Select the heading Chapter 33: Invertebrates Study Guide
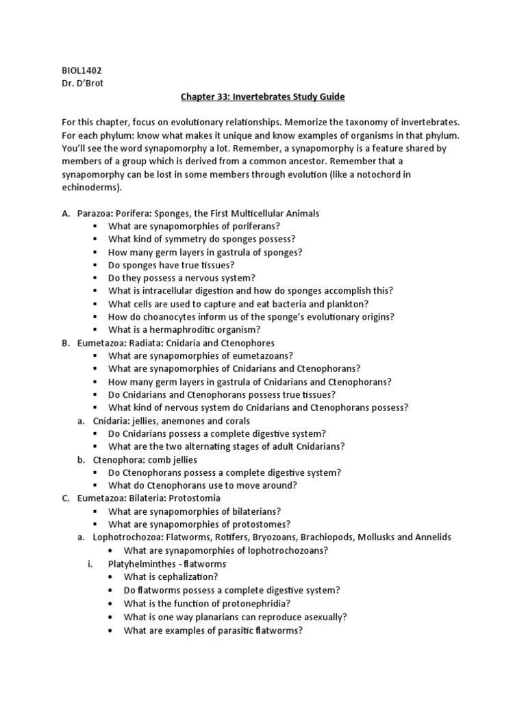point(263,97)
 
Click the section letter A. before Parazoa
point(66,214)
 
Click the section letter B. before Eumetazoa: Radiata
point(66,343)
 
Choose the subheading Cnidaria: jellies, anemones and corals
point(171,420)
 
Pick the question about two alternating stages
point(227,446)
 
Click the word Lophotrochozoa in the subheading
point(127,537)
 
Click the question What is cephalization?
point(171,576)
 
